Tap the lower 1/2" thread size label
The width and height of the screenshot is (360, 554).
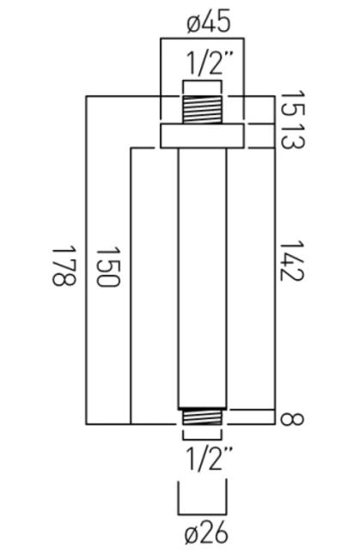point(209,459)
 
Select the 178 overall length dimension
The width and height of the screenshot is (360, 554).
point(64,265)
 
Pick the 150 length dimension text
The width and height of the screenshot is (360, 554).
point(108,267)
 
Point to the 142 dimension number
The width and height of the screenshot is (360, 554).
point(291,261)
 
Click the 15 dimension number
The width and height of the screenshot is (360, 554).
point(292,105)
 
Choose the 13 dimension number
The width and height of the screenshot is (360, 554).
point(292,136)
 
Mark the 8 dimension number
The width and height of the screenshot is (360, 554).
point(292,419)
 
